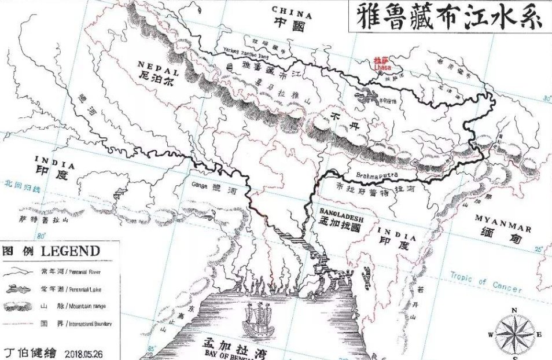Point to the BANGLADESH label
click(340, 213)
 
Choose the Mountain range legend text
click(85, 305)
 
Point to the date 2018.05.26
click(84, 352)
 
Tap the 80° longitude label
click(41, 236)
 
